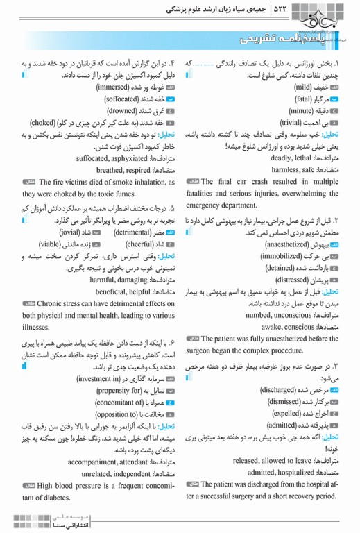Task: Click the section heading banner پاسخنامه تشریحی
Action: point(277,43)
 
